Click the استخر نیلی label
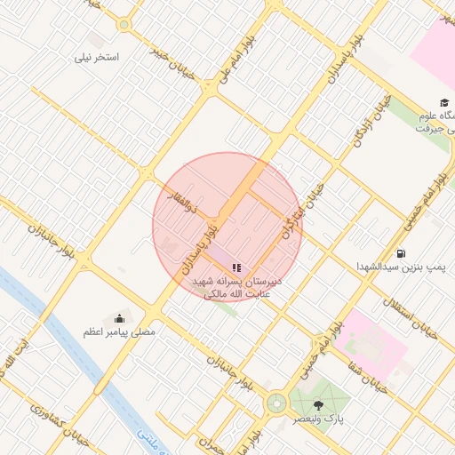99,56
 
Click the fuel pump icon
402,251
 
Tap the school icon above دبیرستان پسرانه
236,267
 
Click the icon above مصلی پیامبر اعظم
119,317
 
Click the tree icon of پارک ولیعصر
318,405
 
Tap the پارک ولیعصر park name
328,418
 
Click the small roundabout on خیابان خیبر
124,25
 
